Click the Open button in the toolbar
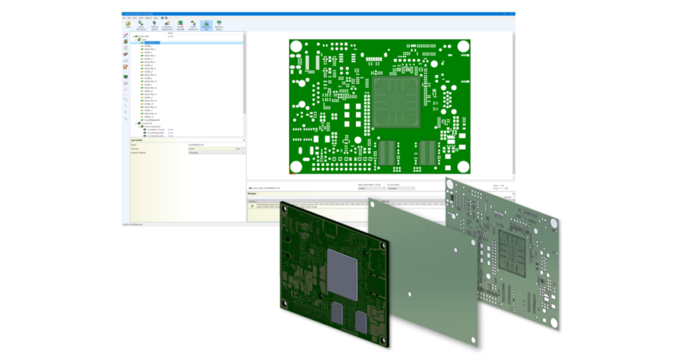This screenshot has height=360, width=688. (128, 24)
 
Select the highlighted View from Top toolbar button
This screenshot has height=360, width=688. (206, 25)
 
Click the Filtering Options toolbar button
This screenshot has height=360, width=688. (155, 25)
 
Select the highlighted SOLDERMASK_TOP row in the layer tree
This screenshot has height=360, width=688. (154, 42)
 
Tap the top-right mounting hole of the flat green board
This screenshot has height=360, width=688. (463, 46)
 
